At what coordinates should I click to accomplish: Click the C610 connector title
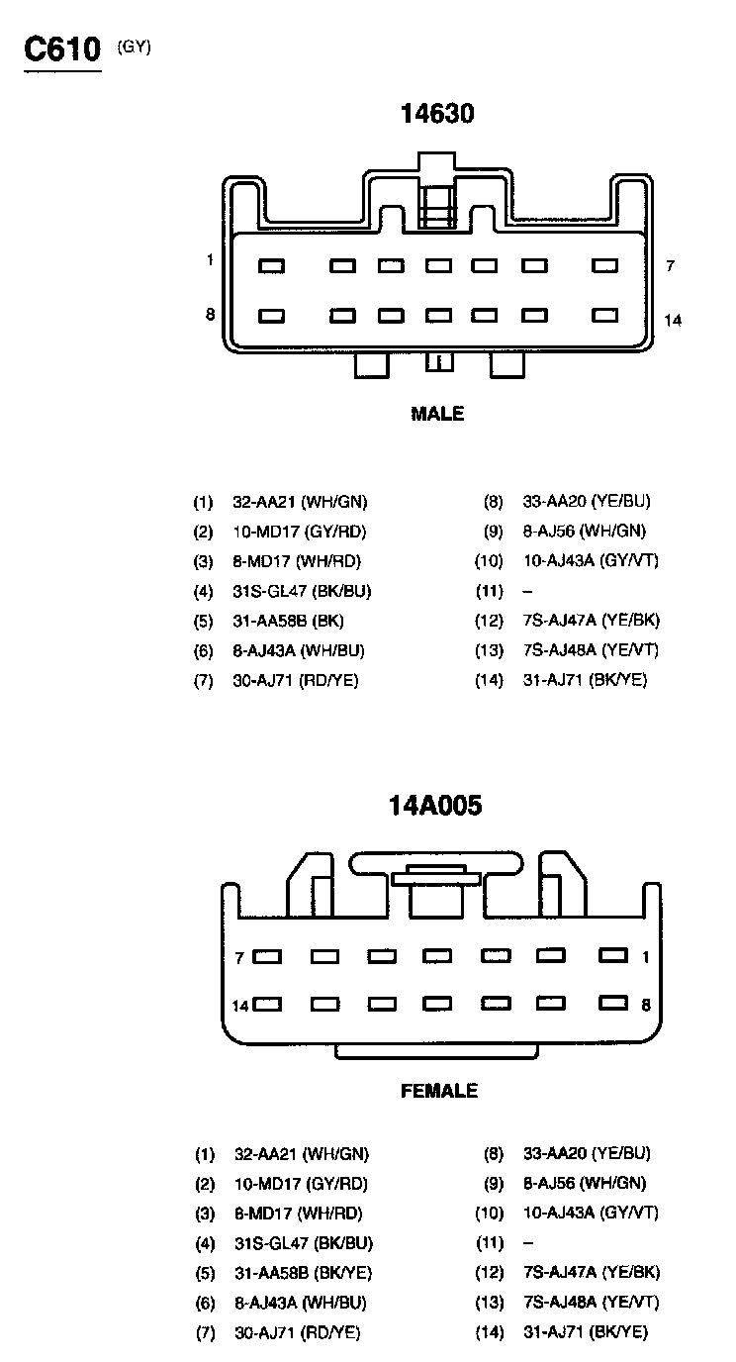62,49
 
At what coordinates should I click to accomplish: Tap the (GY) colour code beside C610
135,45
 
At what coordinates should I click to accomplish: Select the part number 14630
437,114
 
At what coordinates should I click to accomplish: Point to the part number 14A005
435,806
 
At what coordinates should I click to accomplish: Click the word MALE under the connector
437,414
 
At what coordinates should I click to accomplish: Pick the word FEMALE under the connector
438,1091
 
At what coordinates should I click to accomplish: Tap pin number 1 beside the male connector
210,260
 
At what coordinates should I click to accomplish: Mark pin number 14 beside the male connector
673,320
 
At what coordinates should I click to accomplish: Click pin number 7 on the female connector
239,957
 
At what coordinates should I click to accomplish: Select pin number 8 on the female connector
646,1005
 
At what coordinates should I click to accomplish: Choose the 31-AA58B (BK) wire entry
289,621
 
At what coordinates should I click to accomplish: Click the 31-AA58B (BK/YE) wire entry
303,1273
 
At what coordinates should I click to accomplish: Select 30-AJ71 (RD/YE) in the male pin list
296,680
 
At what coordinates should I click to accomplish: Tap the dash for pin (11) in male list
527,591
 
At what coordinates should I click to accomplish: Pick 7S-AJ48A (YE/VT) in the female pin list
591,1303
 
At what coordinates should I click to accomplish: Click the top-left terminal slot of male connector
271,265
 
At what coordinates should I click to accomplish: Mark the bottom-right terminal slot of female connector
612,1003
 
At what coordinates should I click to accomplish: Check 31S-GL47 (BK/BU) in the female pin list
303,1243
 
